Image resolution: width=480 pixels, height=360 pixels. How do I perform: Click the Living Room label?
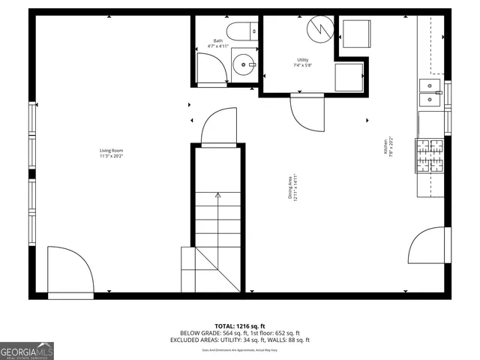[111, 153]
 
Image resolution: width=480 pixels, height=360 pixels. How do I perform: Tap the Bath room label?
[217, 43]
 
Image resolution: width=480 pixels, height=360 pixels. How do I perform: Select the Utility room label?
[302, 62]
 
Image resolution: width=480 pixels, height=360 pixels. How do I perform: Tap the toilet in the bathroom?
[243, 31]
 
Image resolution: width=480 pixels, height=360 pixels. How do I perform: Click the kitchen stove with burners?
[430, 155]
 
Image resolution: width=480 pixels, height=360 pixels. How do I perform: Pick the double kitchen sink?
[430, 94]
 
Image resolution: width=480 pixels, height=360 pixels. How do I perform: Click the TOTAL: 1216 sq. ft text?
[239, 326]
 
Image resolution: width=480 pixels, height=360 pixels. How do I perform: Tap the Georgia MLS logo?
[27, 350]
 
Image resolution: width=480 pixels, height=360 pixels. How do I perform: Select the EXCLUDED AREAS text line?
[240, 340]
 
